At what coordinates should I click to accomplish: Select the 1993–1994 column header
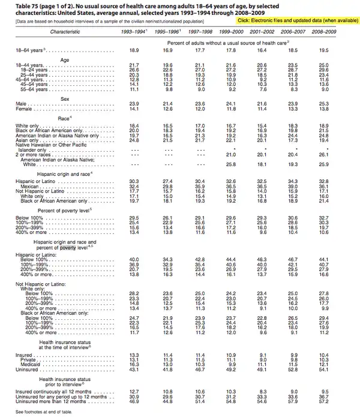pyautogui.click(x=133, y=30)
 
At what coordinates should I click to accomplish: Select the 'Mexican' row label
pyautogui.click(x=28, y=187)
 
